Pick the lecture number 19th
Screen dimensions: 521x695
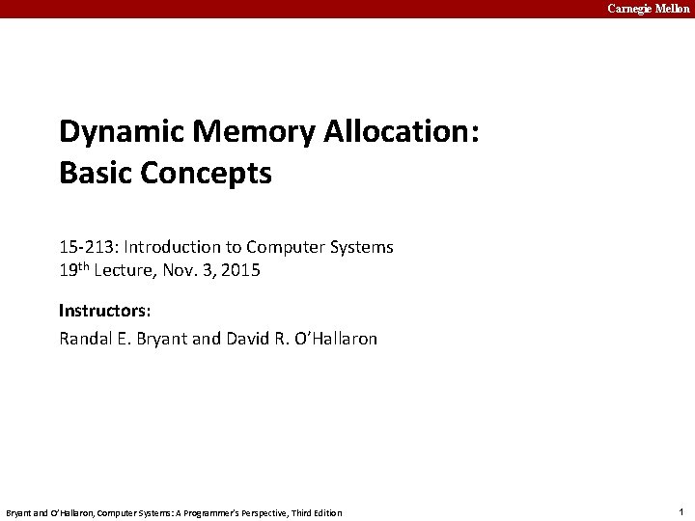(x=75, y=270)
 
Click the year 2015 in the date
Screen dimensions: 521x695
(x=240, y=271)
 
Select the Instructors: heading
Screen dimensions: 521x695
(x=105, y=311)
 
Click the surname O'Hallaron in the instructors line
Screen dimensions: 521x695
(x=337, y=339)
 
